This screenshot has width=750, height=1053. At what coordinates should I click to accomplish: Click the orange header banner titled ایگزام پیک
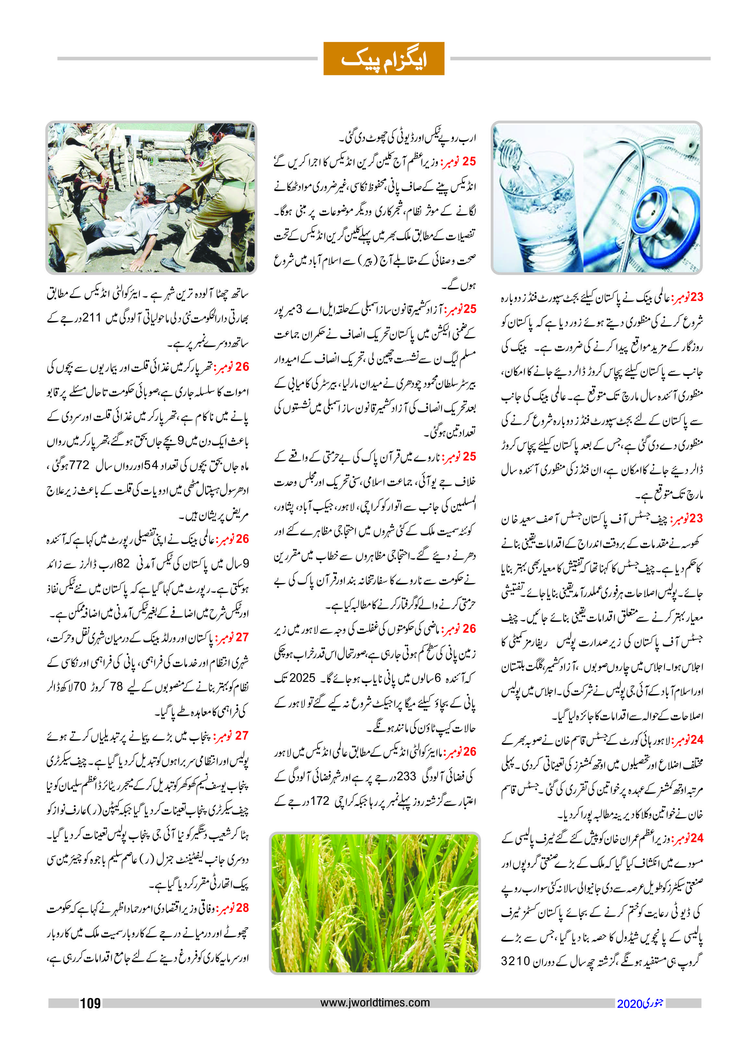383,59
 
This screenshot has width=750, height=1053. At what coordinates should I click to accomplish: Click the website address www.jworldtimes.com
375,1002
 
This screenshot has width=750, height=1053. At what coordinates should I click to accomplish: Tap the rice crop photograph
375,903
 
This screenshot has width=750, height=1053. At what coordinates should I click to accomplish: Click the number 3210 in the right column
515,961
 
